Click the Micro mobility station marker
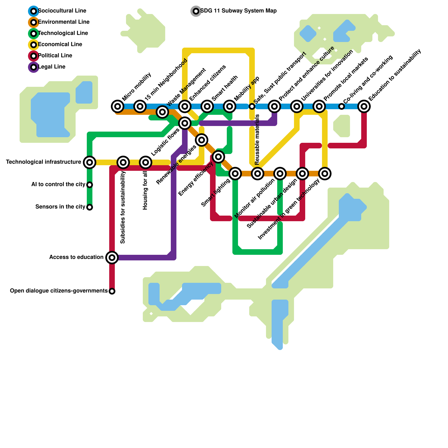point(118,106)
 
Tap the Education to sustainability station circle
point(364,106)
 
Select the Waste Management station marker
point(162,112)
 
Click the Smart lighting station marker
point(235,174)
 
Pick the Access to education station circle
point(112,258)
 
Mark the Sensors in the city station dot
point(90,207)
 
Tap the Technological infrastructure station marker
point(90,162)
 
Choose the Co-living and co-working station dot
point(342,106)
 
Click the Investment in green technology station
point(325,174)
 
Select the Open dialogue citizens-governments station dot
point(112,291)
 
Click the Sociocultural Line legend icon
point(34,11)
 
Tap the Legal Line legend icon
point(34,67)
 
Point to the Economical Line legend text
point(60,45)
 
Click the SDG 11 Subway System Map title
point(238,11)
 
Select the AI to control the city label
point(58,185)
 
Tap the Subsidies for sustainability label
point(123,207)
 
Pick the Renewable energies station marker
point(202,140)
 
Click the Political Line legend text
point(55,56)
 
